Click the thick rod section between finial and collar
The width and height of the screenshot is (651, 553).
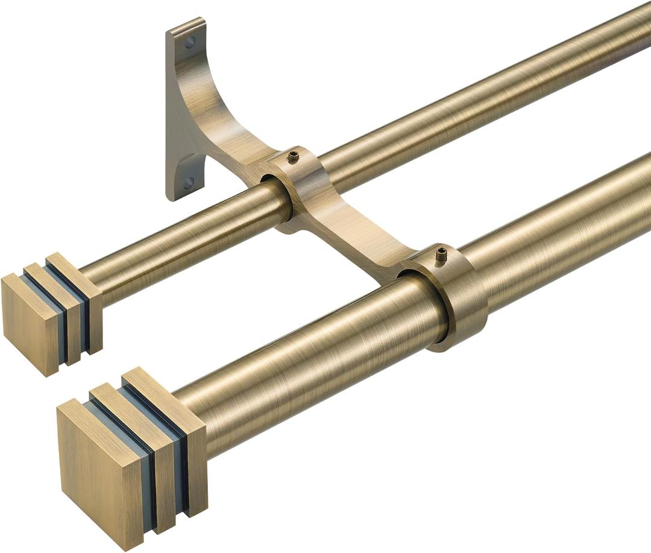point(313,374)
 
